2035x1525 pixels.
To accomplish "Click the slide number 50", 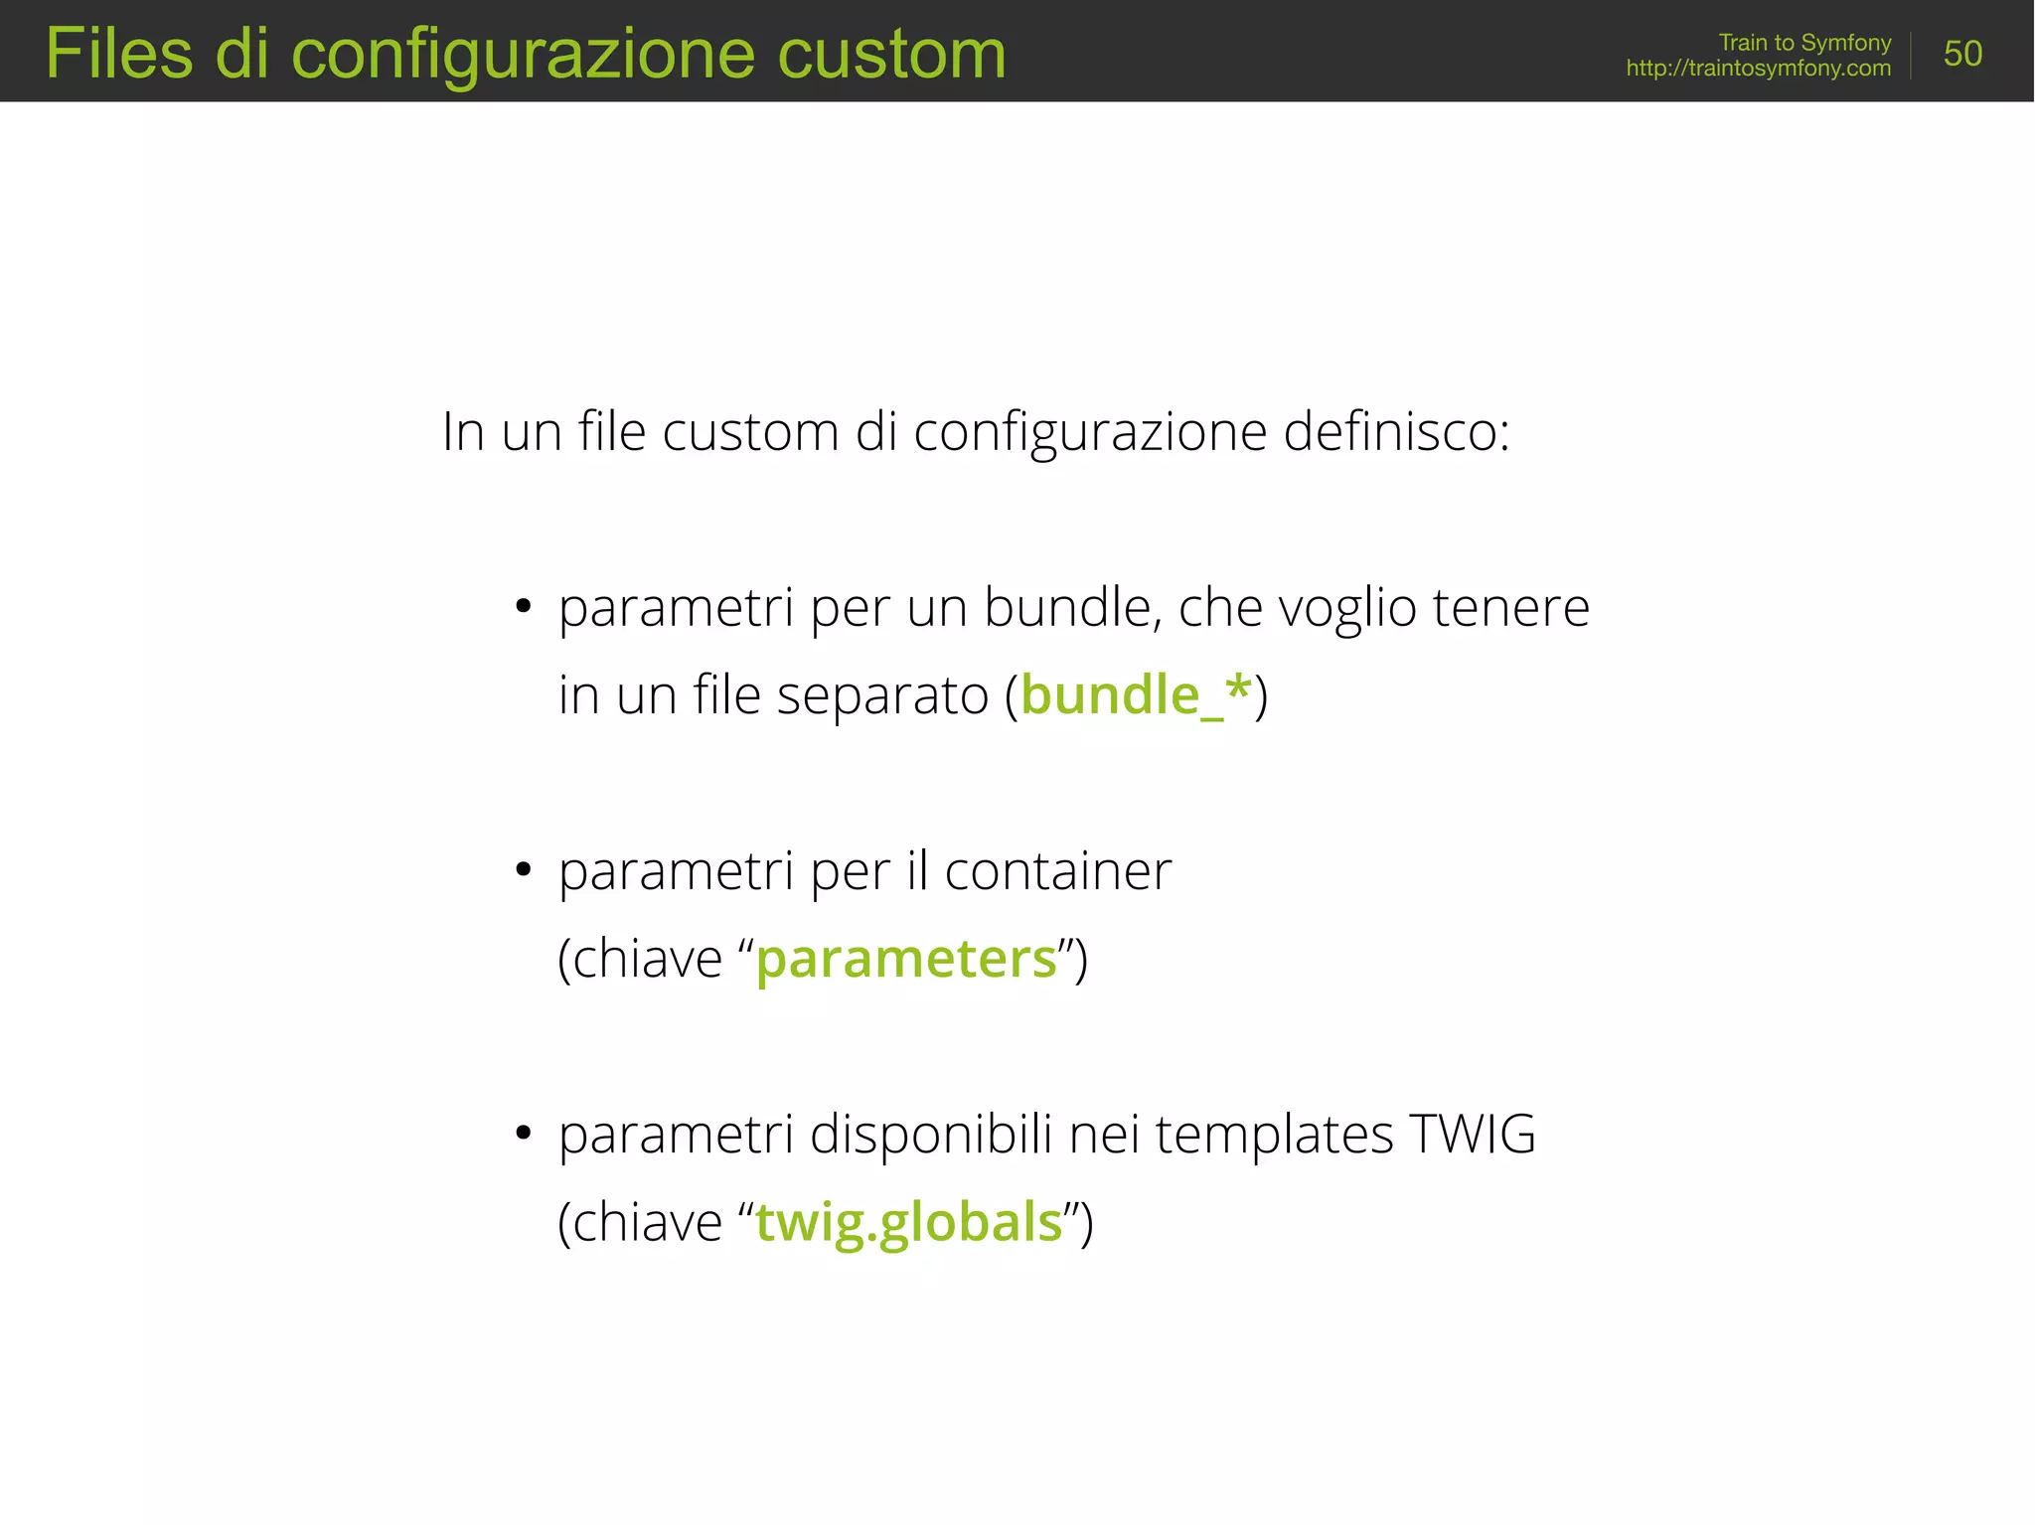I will coord(1962,54).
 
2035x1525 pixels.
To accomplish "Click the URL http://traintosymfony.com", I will coord(1758,69).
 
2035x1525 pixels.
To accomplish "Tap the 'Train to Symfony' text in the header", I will coord(1804,43).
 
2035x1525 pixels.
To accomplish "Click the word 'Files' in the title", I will coord(119,54).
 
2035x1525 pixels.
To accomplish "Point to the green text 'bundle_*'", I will coord(1136,694).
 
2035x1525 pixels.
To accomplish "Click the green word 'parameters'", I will coord(906,959).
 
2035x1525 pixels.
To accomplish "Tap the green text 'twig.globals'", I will coord(909,1222).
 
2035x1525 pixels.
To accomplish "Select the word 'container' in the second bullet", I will coord(1057,871).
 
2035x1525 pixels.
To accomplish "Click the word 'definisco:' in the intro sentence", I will coord(1396,432).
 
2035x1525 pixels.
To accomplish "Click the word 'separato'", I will coord(882,694).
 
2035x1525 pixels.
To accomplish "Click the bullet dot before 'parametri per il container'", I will coord(524,870).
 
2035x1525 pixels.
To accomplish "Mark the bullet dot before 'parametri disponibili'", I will coord(524,1134).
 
